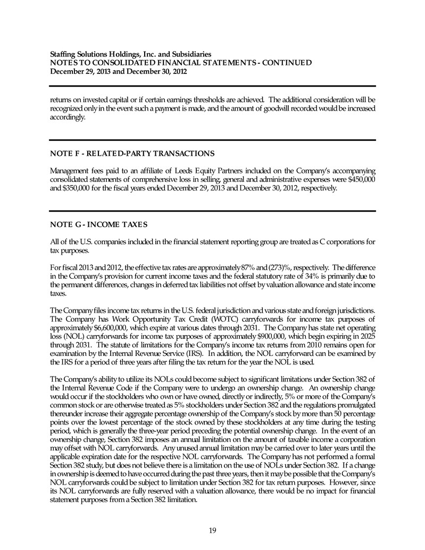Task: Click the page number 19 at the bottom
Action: click(212, 529)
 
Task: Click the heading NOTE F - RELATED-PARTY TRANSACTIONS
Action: click(132, 154)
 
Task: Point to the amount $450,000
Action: click(362, 180)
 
